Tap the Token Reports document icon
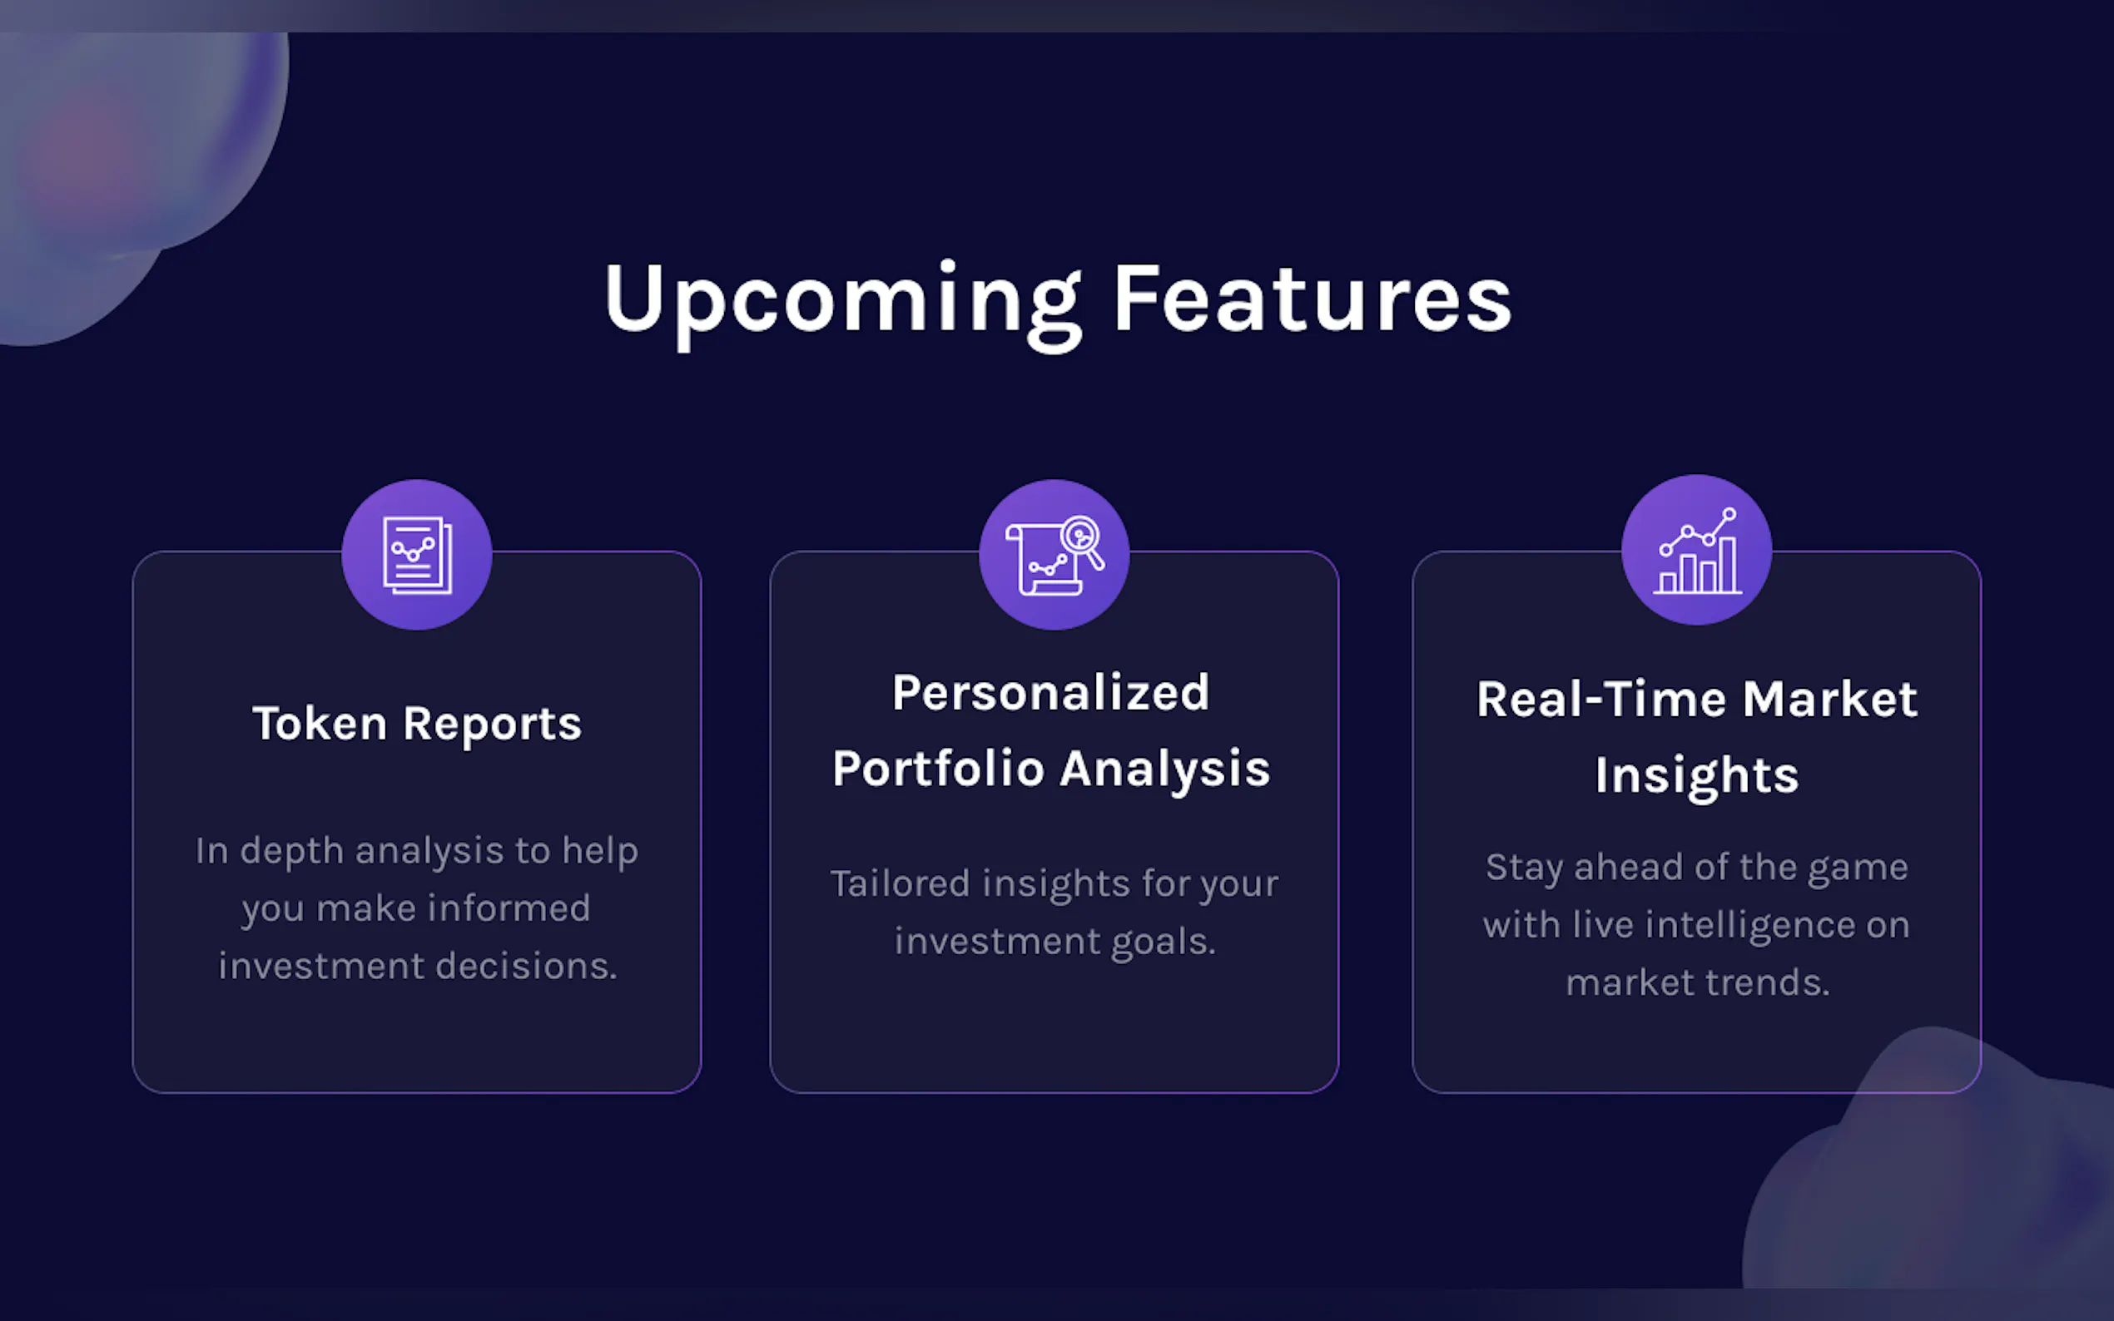click(x=417, y=556)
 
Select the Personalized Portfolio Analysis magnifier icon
click(x=1054, y=556)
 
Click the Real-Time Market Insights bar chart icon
click(x=1697, y=551)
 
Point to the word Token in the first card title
click(x=320, y=724)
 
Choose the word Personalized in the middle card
click(x=1051, y=693)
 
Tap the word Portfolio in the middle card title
click(x=939, y=769)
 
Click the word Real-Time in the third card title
click(x=1602, y=700)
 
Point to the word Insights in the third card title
click(x=1697, y=777)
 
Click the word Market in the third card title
click(x=1830, y=700)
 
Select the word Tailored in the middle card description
click(x=901, y=883)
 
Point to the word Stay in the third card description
click(x=1524, y=868)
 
